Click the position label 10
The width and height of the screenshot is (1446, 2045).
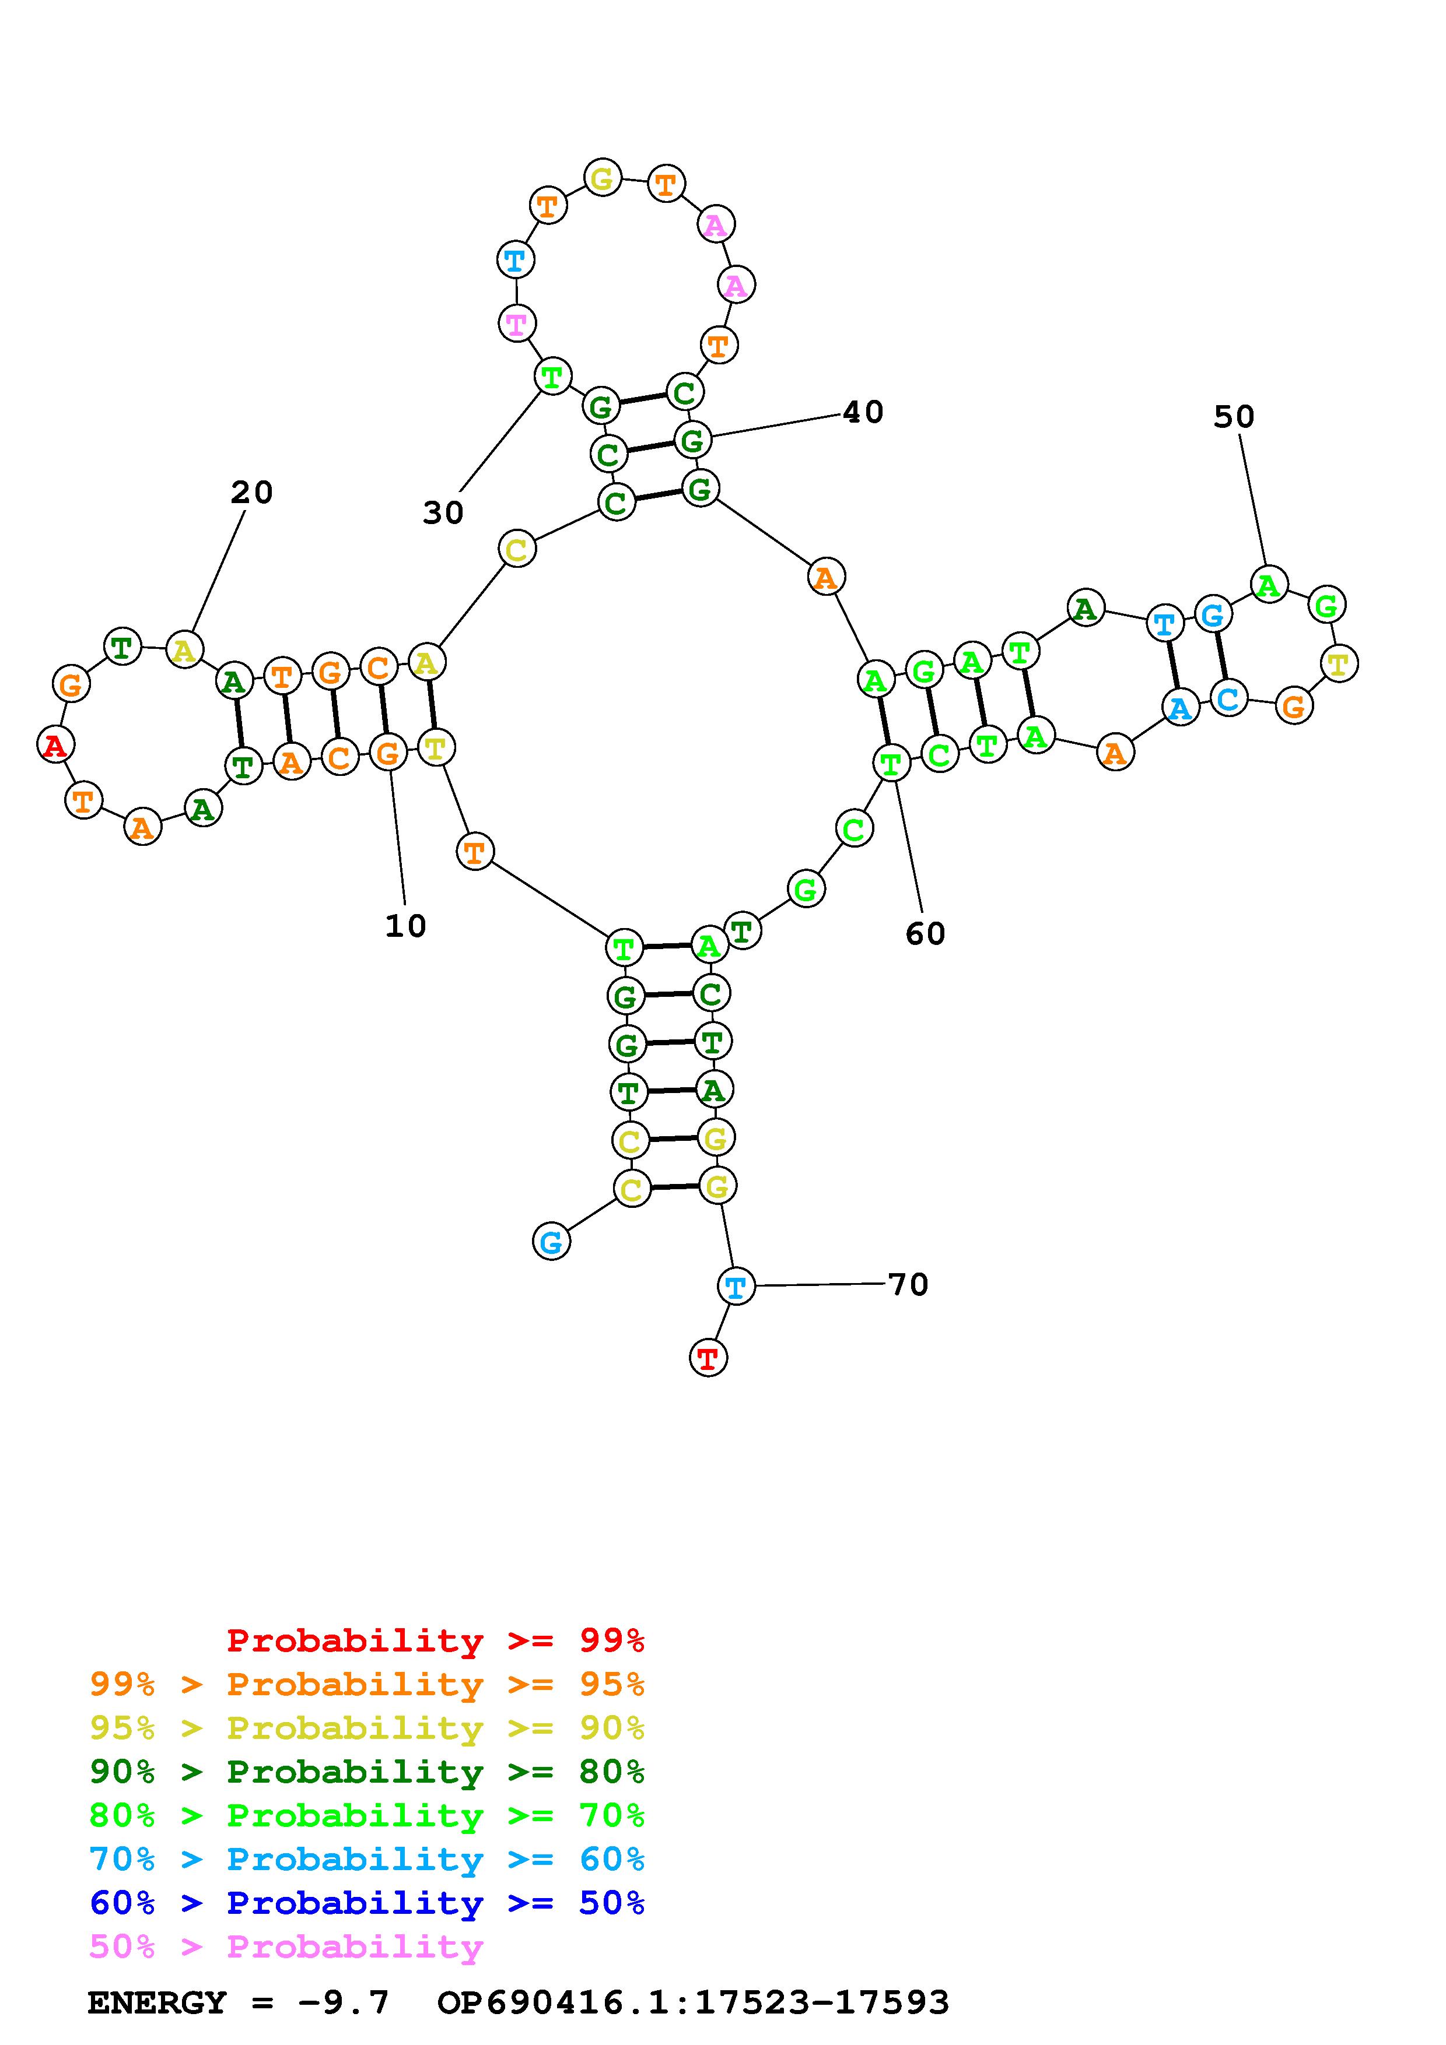pos(405,926)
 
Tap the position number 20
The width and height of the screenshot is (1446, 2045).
pos(251,493)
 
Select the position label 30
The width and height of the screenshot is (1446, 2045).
pos(443,513)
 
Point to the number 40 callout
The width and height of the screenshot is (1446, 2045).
pos(863,412)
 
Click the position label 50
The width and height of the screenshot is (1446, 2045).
pos(1234,417)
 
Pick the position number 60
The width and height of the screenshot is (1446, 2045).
pos(925,933)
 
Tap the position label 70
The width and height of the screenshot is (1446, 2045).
pos(908,1284)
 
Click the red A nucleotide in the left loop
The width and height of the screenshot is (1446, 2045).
pos(55,744)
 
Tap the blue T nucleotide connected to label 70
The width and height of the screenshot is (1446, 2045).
pos(735,1286)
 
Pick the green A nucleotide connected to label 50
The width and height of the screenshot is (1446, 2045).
pos(1269,585)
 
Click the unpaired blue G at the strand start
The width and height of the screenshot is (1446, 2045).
pos(551,1242)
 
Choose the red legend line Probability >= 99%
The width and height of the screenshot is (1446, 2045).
pos(435,1640)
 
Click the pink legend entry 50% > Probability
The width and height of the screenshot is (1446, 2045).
pos(286,1947)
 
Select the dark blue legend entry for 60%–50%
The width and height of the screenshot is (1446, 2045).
pos(366,1903)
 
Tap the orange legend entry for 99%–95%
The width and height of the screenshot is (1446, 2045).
pos(366,1684)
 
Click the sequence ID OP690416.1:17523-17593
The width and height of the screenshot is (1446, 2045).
pos(693,2002)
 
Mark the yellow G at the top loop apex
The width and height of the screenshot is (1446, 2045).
pos(603,178)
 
